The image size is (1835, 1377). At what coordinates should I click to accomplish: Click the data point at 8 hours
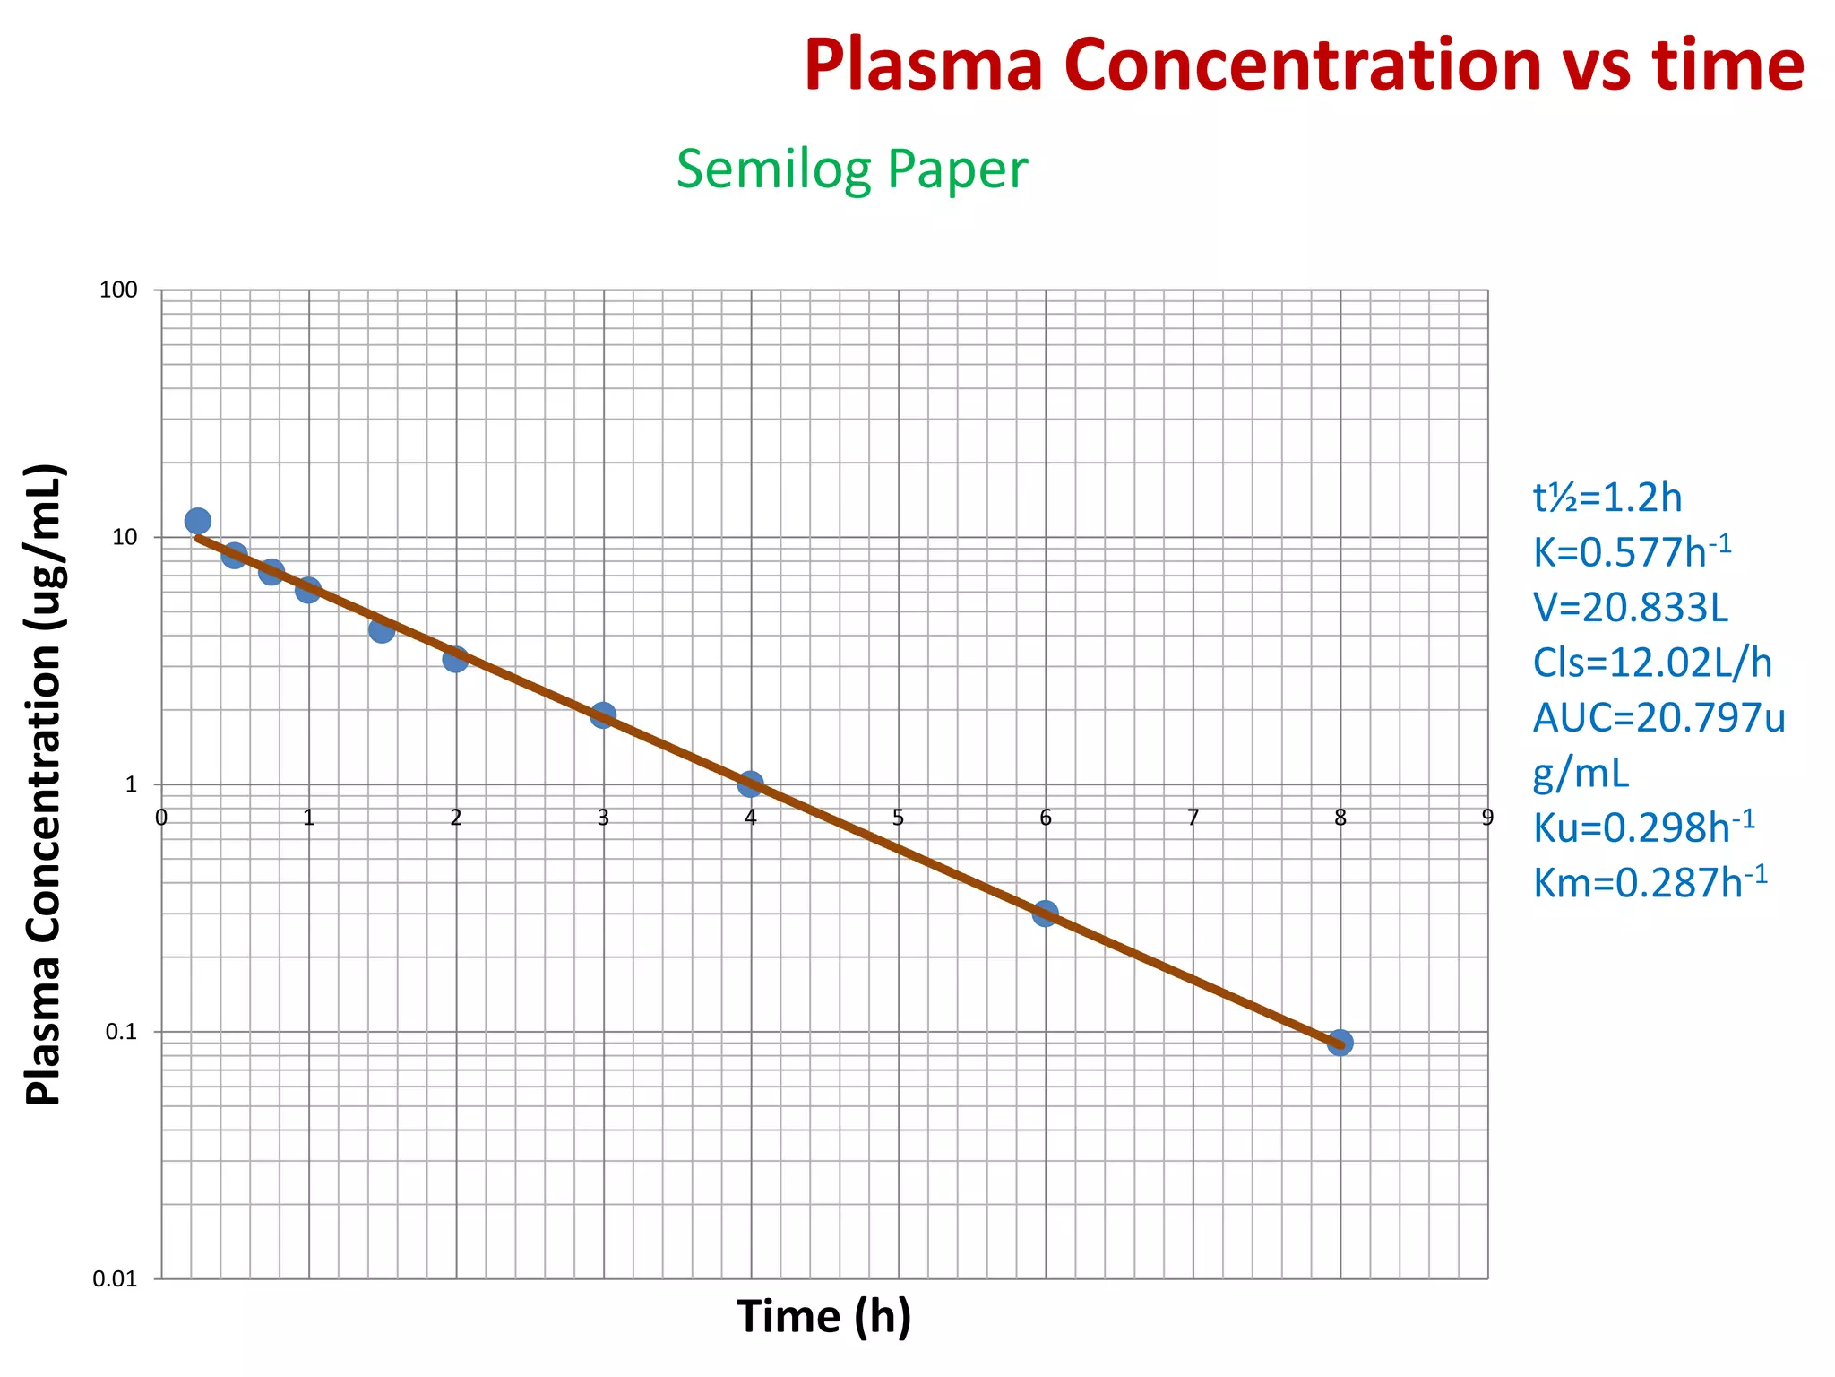tap(1340, 1043)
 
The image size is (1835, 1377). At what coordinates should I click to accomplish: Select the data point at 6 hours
tap(1045, 914)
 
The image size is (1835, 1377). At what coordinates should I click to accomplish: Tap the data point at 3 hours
tap(603, 714)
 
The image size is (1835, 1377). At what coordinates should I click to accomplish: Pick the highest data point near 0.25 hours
tap(198, 521)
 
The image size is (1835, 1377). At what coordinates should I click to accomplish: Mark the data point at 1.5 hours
tap(382, 630)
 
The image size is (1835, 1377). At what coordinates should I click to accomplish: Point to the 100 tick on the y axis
tap(118, 290)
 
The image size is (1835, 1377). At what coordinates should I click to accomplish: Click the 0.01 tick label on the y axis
tap(115, 1279)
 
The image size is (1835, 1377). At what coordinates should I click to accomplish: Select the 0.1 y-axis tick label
tap(121, 1032)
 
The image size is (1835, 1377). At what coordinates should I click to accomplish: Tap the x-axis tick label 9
tap(1487, 817)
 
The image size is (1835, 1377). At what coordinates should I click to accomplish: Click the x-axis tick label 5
tap(898, 817)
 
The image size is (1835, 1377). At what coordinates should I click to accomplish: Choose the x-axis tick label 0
tap(161, 817)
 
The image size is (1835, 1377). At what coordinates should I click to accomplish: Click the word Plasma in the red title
tap(923, 65)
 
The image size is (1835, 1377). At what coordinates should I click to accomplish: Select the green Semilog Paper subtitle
tap(851, 169)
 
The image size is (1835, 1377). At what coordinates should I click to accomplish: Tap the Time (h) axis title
tap(823, 1317)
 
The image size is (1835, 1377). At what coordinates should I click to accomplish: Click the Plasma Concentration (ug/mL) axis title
tap(43, 784)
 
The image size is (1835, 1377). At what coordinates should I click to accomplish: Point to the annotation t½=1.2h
tap(1607, 498)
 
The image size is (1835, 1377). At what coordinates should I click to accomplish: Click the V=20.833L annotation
tap(1630, 608)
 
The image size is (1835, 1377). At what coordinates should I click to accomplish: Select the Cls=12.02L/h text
tap(1651, 663)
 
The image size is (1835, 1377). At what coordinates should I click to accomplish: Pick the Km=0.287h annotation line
tap(1650, 882)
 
